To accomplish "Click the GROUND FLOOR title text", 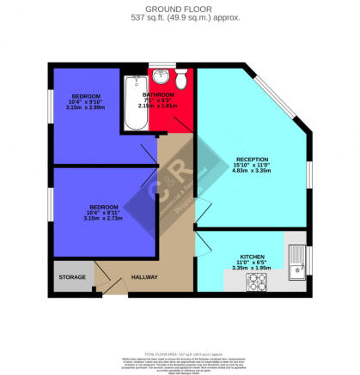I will tap(180, 8).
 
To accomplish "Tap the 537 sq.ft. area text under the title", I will tap(180, 16).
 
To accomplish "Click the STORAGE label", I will tap(72, 278).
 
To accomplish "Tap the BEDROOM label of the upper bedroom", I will tap(87, 96).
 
